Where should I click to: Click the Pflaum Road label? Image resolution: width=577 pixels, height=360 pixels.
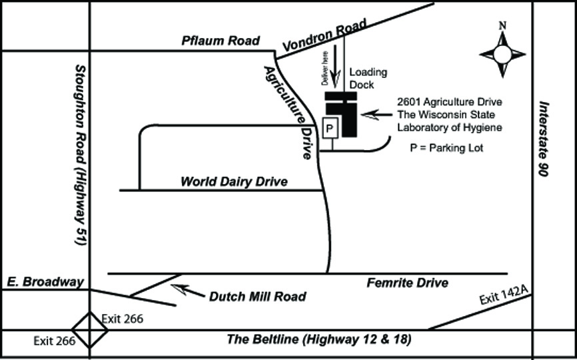[220, 41]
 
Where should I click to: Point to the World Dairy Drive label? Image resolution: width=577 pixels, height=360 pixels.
[234, 181]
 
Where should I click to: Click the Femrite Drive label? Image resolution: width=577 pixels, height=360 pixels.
[407, 283]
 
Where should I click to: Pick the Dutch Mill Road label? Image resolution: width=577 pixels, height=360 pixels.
[257, 297]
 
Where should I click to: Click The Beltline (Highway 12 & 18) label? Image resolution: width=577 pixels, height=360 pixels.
[318, 339]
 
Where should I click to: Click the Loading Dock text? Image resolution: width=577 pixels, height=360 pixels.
[368, 78]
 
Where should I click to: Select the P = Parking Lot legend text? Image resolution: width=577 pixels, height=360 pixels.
[446, 148]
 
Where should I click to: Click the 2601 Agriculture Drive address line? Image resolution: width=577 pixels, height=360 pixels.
[449, 102]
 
